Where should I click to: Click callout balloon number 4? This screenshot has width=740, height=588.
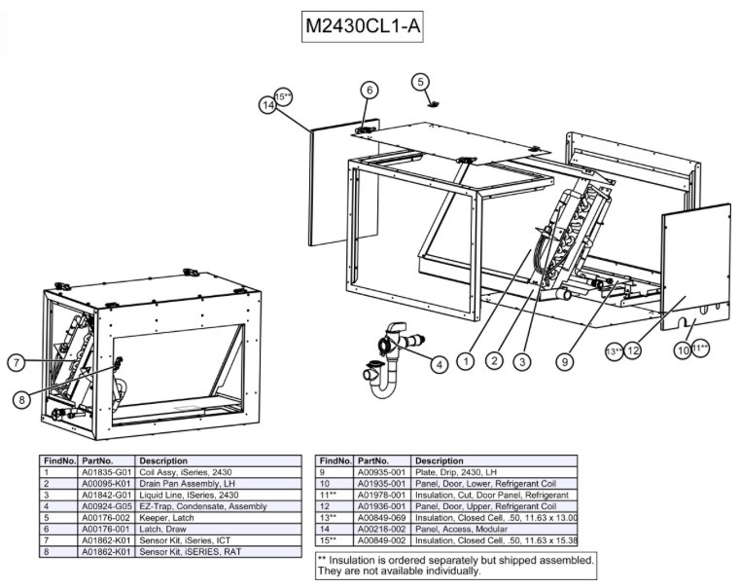coord(440,364)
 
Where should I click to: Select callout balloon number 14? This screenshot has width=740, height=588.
coord(269,104)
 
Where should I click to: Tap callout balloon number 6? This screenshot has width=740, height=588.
coord(369,91)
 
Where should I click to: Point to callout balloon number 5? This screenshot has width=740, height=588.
coord(420,82)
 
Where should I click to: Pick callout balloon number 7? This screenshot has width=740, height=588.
coord(17,363)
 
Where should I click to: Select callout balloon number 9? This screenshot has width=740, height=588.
coord(563,361)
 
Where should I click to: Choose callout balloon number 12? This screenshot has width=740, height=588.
coord(633,349)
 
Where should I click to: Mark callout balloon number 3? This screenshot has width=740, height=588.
coord(524,361)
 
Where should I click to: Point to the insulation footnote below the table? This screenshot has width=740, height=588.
coord(455,566)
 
